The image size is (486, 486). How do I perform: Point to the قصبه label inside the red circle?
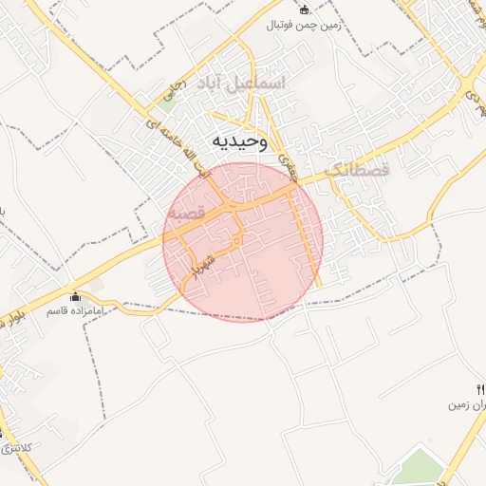[187, 215]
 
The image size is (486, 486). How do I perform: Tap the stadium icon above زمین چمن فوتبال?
[305, 10]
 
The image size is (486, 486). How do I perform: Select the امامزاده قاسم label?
[80, 310]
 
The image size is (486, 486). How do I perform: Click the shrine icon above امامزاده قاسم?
[76, 297]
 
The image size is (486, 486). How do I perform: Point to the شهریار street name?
[205, 266]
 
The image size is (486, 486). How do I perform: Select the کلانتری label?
[17, 446]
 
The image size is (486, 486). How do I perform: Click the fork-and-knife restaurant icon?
[480, 389]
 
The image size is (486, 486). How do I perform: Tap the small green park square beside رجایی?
[166, 104]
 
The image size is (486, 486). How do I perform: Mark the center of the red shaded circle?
[243, 241]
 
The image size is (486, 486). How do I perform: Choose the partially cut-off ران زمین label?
[468, 404]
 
